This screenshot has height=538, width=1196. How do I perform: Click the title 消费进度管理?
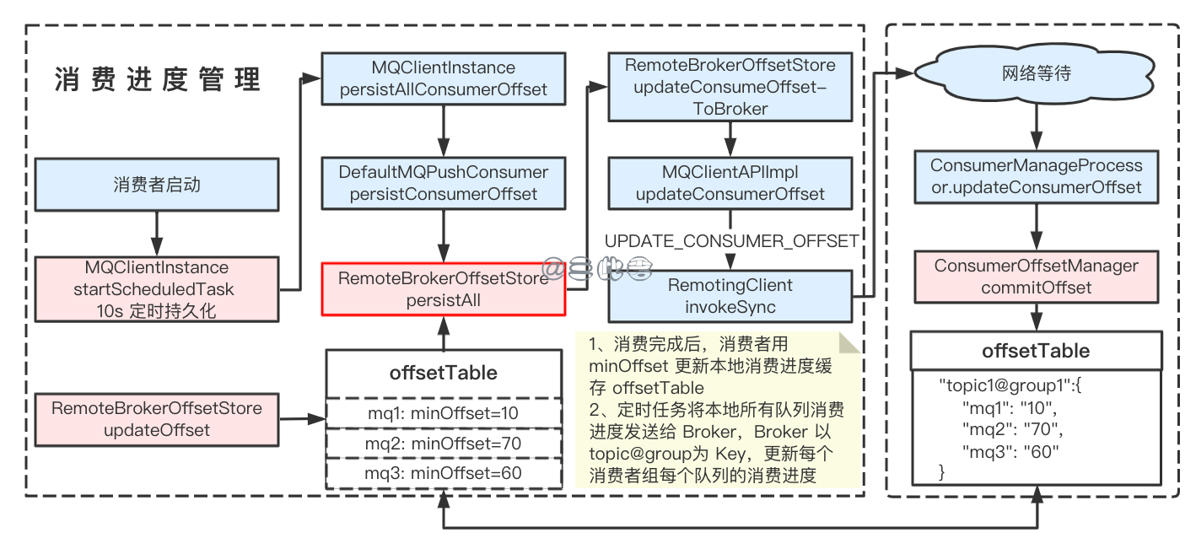pos(158,79)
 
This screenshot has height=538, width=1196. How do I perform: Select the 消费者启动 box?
pos(157,185)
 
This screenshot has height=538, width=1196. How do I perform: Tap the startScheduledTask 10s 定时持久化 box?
pos(157,288)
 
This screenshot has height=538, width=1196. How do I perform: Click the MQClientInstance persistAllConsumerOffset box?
pos(444,78)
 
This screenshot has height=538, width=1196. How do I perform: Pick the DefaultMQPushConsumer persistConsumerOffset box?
pos(444,183)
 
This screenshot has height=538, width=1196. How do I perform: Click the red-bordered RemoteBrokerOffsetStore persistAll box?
pos(443,288)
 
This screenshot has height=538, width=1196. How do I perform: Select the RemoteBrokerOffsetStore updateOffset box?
pos(157,419)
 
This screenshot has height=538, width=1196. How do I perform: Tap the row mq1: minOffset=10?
pos(444,413)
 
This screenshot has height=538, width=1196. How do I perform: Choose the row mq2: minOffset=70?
pos(444,444)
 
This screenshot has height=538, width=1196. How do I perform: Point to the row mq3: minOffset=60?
pos(444,473)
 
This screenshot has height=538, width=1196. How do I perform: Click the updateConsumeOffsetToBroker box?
pos(730,87)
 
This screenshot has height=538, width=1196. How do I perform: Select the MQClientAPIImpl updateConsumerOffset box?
pos(730,183)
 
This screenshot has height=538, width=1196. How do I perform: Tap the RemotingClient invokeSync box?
pos(730,295)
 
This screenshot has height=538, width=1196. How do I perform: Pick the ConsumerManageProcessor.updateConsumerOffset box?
pos(1036,176)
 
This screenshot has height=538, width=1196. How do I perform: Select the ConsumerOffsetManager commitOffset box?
pos(1036,277)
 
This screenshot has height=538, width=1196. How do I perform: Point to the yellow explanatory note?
pos(717,411)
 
